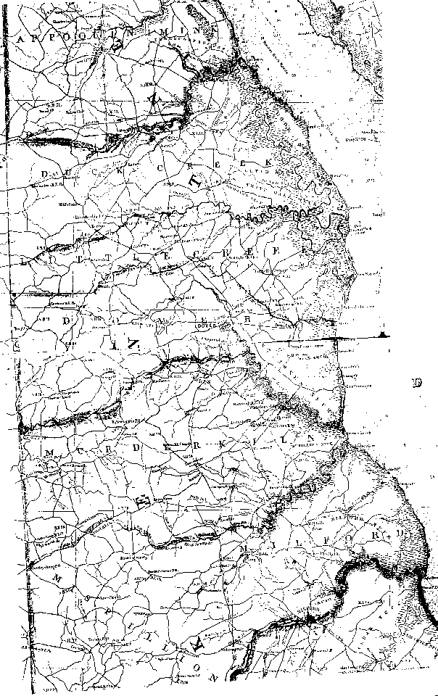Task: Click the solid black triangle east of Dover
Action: click(x=384, y=334)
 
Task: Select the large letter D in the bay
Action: click(x=416, y=383)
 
